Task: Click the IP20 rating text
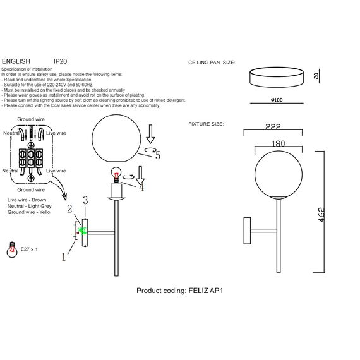tap(60, 61)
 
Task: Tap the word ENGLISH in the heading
tap(16, 61)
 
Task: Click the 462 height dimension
tap(321, 215)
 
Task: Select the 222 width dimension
tap(273, 127)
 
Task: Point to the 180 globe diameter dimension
tap(279, 143)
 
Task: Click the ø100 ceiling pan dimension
tap(277, 100)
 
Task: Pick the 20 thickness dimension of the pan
tap(316, 76)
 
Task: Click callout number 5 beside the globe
tap(158, 155)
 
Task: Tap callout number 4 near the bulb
tap(141, 188)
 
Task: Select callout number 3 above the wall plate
tap(85, 200)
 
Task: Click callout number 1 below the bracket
tap(64, 257)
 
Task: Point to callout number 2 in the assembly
tap(69, 208)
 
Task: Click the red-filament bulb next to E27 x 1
tap(12, 250)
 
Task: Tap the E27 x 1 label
tap(29, 249)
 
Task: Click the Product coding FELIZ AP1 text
tap(180, 291)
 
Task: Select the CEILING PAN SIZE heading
tap(212, 63)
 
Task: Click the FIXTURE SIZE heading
tap(206, 124)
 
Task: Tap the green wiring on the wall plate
tap(82, 231)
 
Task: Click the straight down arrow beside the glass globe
tap(150, 135)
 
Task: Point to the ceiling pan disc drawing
tap(277, 77)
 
